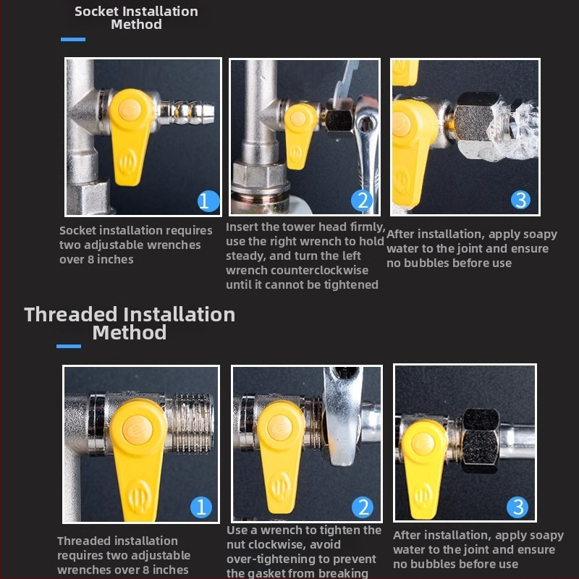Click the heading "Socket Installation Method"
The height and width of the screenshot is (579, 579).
[136, 17]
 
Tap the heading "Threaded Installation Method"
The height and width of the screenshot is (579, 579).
[130, 323]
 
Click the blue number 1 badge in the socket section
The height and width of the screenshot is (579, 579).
[208, 201]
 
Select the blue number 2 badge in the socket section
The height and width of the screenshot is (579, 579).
[362, 201]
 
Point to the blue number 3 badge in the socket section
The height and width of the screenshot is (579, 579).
[520, 200]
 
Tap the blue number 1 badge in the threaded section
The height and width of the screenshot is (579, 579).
[201, 507]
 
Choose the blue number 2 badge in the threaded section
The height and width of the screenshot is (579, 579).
[363, 507]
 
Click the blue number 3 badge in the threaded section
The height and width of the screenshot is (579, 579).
[517, 507]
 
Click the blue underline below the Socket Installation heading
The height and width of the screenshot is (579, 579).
[73, 39]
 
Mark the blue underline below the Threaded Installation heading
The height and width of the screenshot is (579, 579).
[69, 346]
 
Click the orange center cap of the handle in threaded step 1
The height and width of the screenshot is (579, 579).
[138, 430]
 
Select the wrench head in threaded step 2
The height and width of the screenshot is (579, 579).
[342, 418]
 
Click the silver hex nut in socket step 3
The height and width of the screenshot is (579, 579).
[475, 119]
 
